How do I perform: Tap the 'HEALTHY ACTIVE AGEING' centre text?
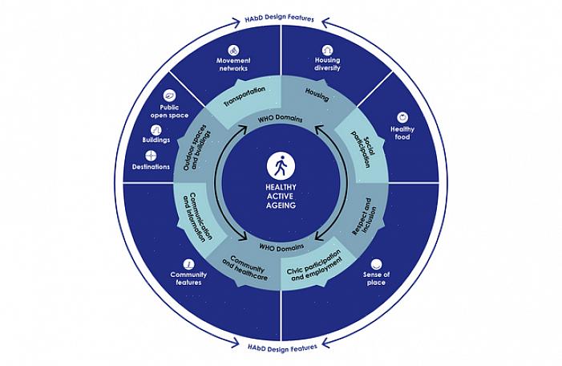coord(281,196)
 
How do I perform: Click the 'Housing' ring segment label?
coord(317,94)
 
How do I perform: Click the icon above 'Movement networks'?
coord(234,50)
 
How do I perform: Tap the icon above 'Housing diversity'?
coord(327,50)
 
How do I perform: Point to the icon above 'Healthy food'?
coord(402,117)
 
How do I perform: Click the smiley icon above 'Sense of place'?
coord(376,263)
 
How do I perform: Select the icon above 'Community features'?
coord(189,263)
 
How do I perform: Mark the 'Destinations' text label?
coord(151,166)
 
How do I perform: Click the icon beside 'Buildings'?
coord(156,130)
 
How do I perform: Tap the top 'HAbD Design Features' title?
coord(281,18)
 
